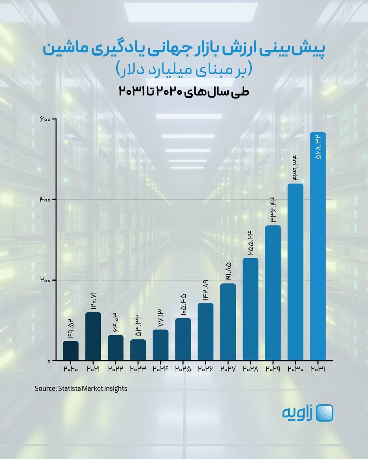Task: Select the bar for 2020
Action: click(x=71, y=351)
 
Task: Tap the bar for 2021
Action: click(x=93, y=337)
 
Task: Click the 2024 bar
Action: click(x=160, y=345)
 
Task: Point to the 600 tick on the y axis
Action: click(x=45, y=119)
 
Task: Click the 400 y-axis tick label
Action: click(x=45, y=200)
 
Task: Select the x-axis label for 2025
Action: click(x=183, y=369)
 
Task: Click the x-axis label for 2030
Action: click(x=295, y=369)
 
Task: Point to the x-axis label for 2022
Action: click(x=115, y=369)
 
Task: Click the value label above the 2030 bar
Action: click(x=295, y=170)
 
